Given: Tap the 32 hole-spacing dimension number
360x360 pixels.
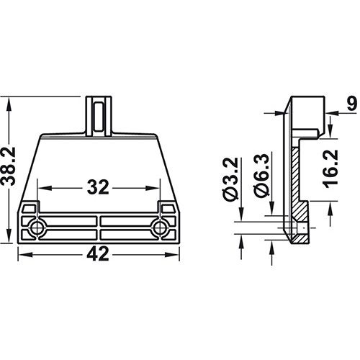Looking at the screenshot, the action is coord(98,187).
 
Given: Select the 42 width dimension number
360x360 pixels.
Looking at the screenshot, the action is coord(98,254).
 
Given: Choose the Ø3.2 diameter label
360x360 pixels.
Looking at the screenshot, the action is coord(230,179).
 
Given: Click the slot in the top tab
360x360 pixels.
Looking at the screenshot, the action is coord(99,117).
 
